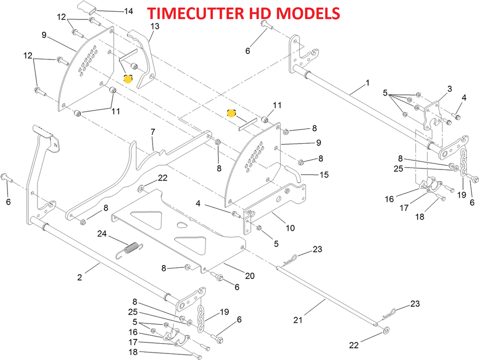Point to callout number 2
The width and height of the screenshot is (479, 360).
[x=80, y=278]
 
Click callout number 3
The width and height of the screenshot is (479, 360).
[x=436, y=88]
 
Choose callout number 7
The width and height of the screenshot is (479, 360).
[x=152, y=132]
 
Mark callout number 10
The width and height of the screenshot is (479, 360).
[x=290, y=228]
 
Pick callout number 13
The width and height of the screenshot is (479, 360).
[x=155, y=27]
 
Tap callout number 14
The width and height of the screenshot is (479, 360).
[x=127, y=10]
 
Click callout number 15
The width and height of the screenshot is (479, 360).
[x=324, y=175]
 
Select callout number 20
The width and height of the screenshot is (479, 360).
[x=250, y=276]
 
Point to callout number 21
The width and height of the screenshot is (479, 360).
[x=298, y=320]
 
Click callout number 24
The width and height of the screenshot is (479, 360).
[x=102, y=233]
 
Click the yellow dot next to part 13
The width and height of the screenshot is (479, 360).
[x=128, y=79]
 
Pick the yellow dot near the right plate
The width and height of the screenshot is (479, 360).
[x=231, y=112]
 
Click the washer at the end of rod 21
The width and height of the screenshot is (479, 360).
[x=385, y=331]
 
